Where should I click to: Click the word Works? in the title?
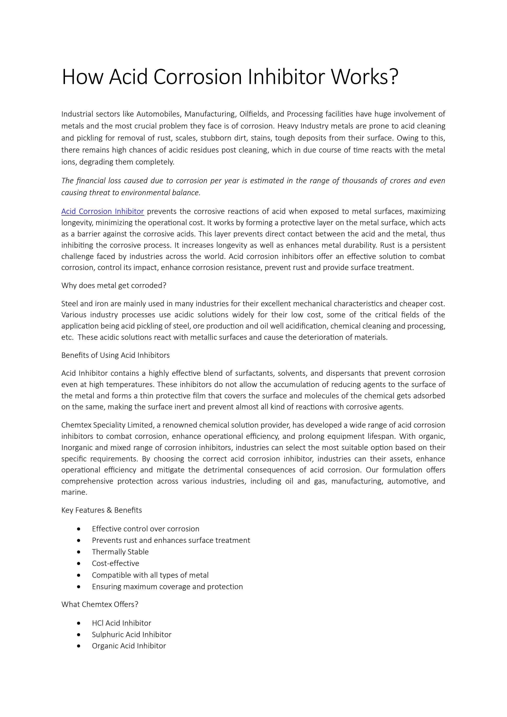tap(364, 77)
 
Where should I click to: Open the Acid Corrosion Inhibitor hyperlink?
tap(102, 212)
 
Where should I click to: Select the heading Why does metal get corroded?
tap(114, 285)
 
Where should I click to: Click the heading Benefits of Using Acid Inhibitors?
tap(115, 355)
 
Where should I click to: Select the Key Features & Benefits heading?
tap(101, 510)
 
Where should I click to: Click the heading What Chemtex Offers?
tap(99, 604)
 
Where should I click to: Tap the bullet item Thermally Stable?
tap(120, 552)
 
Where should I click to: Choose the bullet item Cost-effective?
tap(116, 563)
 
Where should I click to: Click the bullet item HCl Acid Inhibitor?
tap(122, 623)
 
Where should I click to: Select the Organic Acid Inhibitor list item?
tap(129, 646)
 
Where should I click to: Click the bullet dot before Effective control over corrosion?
tap(79, 529)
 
